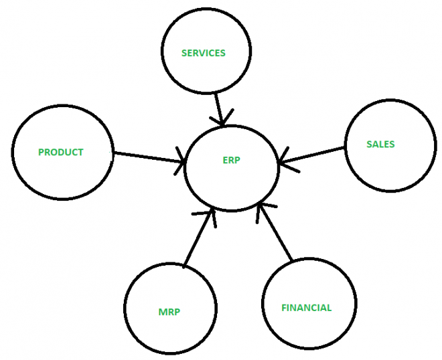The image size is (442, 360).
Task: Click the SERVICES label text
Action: tap(203, 53)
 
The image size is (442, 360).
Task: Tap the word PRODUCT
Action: tap(60, 152)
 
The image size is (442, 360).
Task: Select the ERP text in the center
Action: tap(231, 160)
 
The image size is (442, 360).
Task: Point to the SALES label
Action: tap(380, 145)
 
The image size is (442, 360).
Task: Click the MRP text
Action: tap(169, 312)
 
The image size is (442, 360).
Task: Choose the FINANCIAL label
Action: tap(307, 308)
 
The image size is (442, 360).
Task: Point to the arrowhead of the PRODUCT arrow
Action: tap(180, 161)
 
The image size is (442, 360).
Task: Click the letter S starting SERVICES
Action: tap(184, 53)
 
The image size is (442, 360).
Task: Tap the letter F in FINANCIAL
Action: tap(284, 308)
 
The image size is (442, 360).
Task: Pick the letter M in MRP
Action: tap(162, 312)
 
